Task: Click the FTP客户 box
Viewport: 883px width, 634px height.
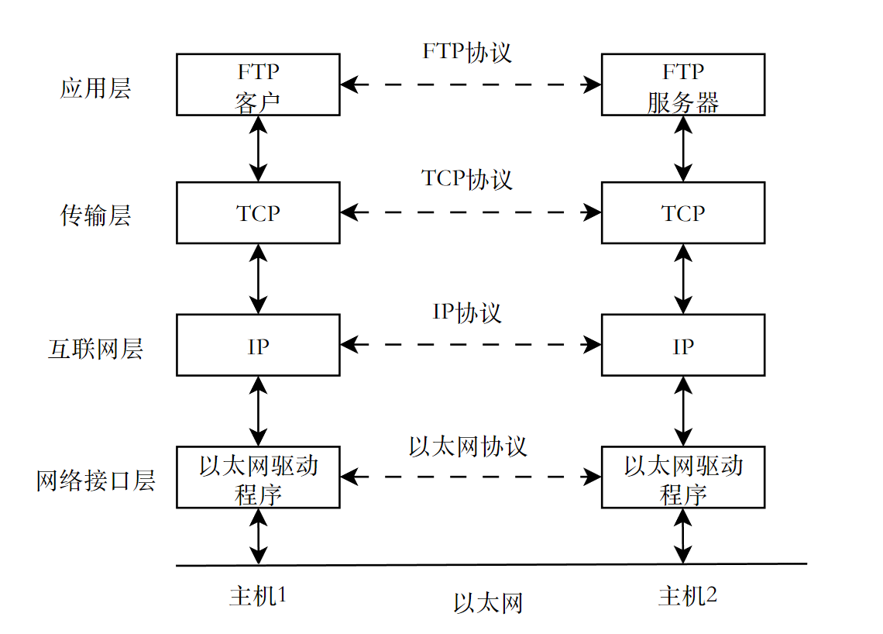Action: coord(258,85)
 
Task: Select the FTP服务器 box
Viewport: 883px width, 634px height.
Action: coord(682,85)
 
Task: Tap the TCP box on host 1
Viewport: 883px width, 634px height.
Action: coord(258,213)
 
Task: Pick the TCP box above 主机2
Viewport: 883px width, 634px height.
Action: coord(682,213)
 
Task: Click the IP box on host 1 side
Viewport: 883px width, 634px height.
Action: coord(258,346)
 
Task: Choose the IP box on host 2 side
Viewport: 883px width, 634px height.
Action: coord(682,346)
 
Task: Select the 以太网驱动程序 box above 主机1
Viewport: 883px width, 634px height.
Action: coord(258,477)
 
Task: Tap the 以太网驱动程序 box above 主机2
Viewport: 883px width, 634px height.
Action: coord(682,477)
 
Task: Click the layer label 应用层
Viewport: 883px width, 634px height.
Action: coord(95,88)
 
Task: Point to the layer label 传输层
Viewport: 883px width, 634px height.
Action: coord(95,215)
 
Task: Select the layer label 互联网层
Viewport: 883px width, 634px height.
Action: coord(95,349)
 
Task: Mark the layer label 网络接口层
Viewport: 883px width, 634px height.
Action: coord(95,481)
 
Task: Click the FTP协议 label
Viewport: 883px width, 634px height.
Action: coord(467,51)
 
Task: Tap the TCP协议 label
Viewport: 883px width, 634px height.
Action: coord(467,179)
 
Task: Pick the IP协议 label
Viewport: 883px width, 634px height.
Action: coord(467,312)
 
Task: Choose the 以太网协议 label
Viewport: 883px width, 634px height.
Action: coord(467,446)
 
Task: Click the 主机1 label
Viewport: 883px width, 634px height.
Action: coord(258,596)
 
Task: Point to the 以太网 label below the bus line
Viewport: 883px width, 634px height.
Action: coord(487,602)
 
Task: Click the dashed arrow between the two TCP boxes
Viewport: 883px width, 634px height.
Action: coord(470,212)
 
